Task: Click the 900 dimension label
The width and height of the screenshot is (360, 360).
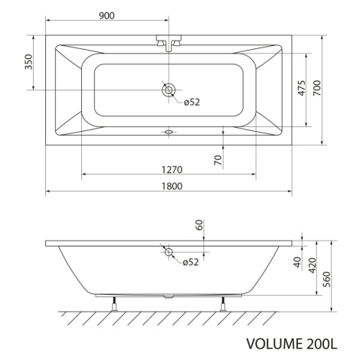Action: click(106, 16)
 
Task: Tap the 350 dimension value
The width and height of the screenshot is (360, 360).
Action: click(29, 62)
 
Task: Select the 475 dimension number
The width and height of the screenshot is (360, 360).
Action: click(302, 88)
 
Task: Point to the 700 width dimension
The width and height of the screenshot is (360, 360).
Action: click(317, 88)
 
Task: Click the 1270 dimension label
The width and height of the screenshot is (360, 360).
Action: click(172, 169)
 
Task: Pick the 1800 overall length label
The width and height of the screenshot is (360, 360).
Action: click(172, 186)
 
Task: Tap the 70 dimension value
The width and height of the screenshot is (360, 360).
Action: click(218, 160)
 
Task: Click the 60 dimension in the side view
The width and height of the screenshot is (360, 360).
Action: click(200, 224)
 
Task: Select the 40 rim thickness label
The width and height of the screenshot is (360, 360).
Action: click(297, 262)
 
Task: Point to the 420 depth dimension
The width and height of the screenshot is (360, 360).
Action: click(313, 266)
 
